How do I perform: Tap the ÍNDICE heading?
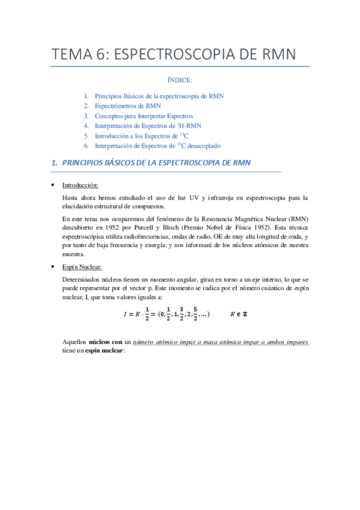[180, 80]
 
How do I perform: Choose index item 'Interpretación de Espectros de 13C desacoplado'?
[158, 146]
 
